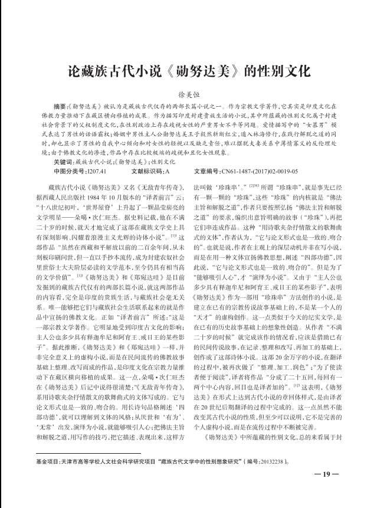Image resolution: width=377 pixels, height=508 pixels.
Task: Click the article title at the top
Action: coord(188,73)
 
